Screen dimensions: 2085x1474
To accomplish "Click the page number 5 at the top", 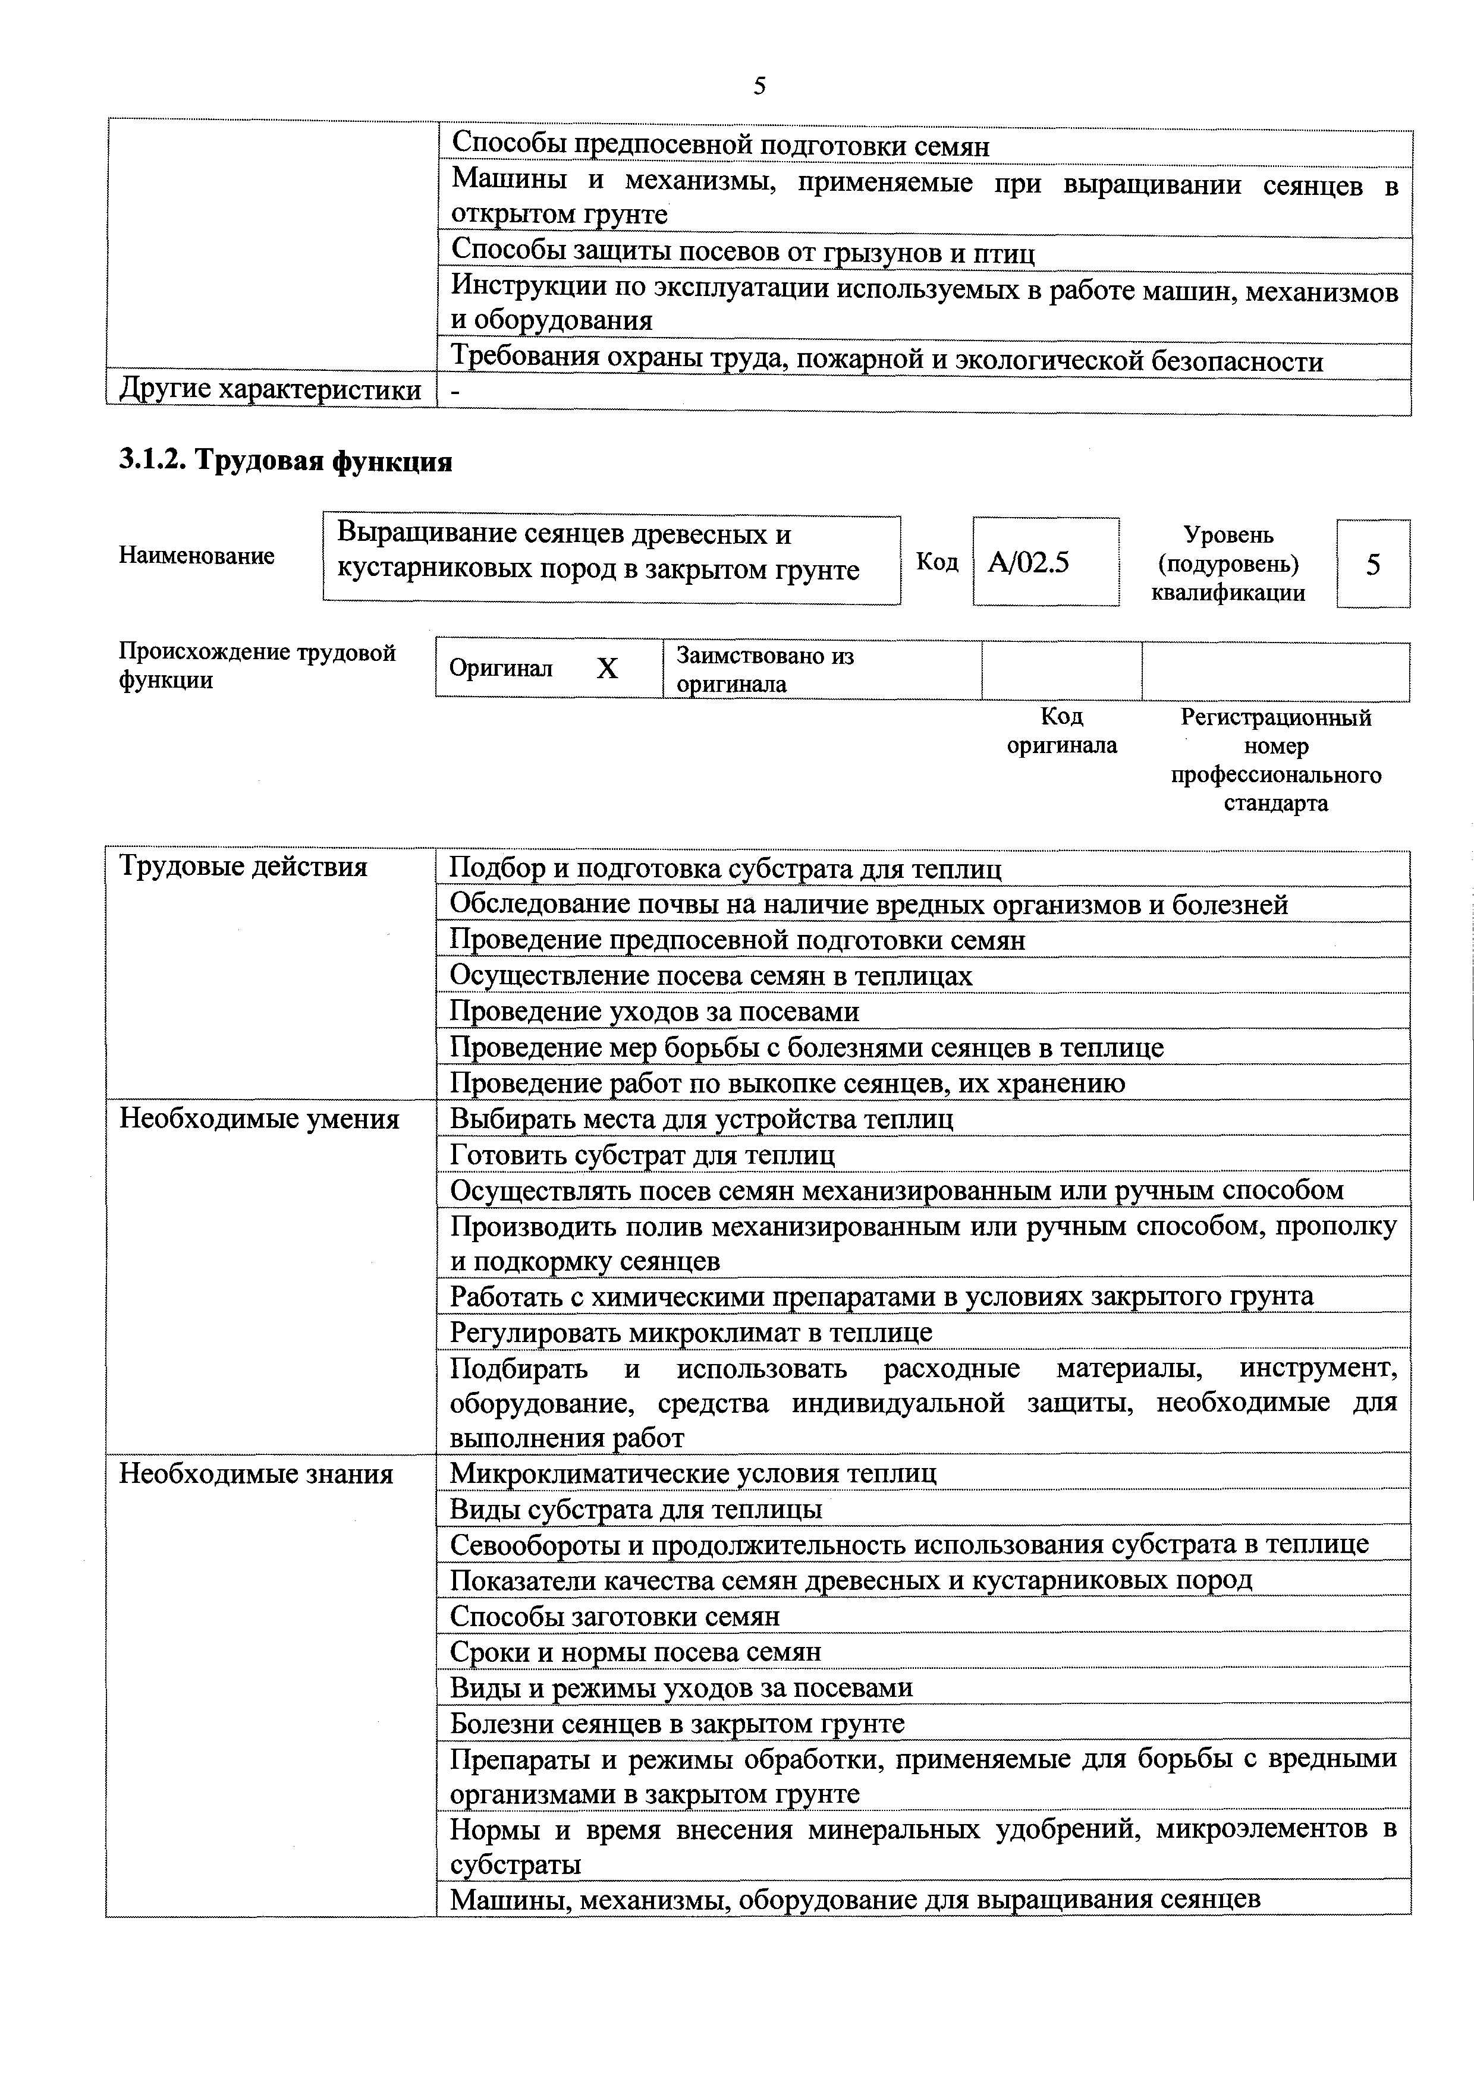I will (x=759, y=86).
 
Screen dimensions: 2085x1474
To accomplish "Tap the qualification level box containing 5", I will (x=1372, y=565).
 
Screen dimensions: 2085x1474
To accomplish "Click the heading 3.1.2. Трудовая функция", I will (x=286, y=462).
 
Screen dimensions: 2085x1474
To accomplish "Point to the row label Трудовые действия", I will (x=243, y=867).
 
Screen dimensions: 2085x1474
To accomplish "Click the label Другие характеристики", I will (x=271, y=390).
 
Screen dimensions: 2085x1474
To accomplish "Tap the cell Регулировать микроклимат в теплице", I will (x=691, y=1332).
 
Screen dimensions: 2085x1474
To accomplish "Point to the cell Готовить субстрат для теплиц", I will (x=642, y=1155).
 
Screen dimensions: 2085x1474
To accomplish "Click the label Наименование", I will (x=196, y=556).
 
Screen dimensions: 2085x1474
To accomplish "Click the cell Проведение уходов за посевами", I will (x=655, y=1012).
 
